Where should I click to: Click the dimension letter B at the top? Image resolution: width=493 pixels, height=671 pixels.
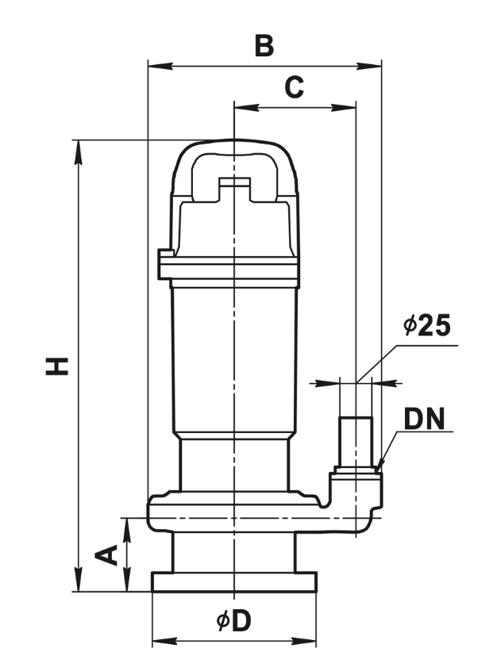[x=264, y=46]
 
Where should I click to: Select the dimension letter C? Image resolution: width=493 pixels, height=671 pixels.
[x=295, y=87]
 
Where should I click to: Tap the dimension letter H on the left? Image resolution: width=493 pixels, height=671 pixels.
[x=57, y=366]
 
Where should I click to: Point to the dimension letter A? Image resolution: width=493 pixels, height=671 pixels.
[x=106, y=555]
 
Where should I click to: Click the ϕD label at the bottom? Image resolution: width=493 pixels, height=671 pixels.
[x=233, y=621]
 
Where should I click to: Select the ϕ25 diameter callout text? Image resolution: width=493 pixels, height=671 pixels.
[x=427, y=325]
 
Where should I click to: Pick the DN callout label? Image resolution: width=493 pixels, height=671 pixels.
[x=424, y=419]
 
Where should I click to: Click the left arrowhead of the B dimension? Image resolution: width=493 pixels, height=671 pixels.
[x=160, y=66]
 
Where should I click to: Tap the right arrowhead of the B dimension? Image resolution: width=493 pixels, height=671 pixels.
[x=368, y=66]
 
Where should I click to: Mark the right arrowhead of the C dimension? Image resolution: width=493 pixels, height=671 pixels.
[x=344, y=107]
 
